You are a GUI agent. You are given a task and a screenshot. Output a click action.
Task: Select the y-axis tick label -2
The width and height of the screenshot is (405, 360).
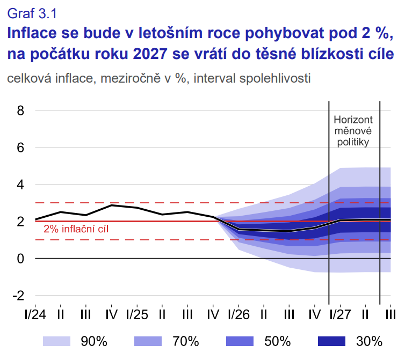coord(19,296)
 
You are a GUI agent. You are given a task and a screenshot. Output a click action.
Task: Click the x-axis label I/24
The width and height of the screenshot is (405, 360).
coord(35,314)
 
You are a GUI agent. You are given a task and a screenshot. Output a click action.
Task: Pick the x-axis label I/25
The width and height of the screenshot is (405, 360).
coord(137,314)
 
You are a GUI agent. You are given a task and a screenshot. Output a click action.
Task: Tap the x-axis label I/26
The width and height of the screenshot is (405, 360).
coord(238,314)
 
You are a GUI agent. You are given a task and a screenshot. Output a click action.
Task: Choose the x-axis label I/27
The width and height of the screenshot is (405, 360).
coord(340,314)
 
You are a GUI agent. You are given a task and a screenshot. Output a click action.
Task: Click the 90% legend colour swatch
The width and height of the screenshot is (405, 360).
coord(57,341)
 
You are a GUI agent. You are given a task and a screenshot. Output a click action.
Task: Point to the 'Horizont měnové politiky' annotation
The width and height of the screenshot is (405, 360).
coord(353,130)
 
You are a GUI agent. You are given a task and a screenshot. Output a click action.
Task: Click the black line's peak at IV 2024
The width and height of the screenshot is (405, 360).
coord(112,205)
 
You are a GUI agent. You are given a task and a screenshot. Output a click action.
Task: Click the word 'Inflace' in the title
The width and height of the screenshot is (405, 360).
coord(31,34)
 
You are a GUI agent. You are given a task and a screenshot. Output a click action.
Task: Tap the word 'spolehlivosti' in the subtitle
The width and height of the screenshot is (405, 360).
coord(273,78)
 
